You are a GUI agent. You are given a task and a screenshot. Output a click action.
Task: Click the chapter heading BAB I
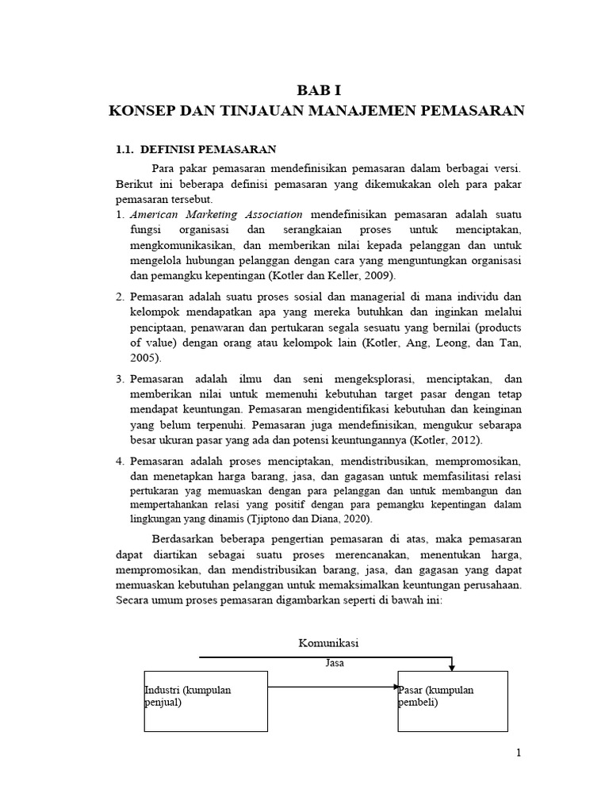point(316,90)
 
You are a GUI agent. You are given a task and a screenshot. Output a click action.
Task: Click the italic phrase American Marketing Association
point(216,214)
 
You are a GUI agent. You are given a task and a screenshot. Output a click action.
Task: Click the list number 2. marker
point(120,297)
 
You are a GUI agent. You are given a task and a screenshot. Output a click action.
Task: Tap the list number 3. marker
point(120,380)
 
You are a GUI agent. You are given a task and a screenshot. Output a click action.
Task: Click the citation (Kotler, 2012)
point(446,440)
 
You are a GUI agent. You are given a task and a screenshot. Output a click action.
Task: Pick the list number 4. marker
point(120,462)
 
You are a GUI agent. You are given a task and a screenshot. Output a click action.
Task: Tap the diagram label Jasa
point(335,663)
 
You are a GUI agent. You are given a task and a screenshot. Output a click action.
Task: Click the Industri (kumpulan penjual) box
point(205,701)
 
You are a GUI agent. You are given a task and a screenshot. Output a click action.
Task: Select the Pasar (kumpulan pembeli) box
point(452,701)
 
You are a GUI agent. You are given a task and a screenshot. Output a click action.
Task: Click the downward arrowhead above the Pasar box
point(452,667)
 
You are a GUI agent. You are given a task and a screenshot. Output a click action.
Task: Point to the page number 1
point(518,753)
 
